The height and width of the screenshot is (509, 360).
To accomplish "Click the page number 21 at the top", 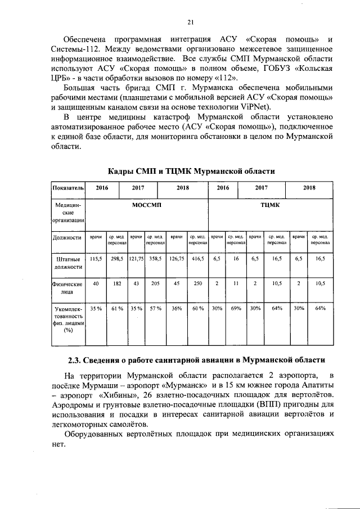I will (191, 22).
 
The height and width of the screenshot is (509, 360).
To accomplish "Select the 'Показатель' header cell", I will (68, 187).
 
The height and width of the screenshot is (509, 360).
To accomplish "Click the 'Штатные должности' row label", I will (68, 263).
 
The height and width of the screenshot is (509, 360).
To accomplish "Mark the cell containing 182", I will (117, 283).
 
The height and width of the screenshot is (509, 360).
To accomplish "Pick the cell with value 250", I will (198, 283).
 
